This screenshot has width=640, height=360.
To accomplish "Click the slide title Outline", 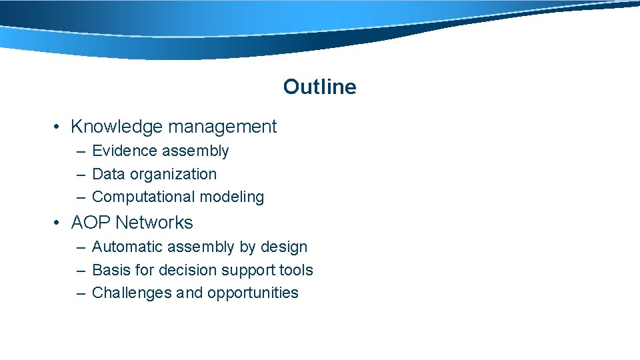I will point(319,87).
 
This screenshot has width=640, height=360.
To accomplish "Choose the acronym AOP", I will point(91,223).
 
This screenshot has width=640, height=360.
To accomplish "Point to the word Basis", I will point(109,270).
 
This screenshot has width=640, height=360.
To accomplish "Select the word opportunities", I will point(253,293).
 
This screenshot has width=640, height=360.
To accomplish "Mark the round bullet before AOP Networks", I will point(59,223).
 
